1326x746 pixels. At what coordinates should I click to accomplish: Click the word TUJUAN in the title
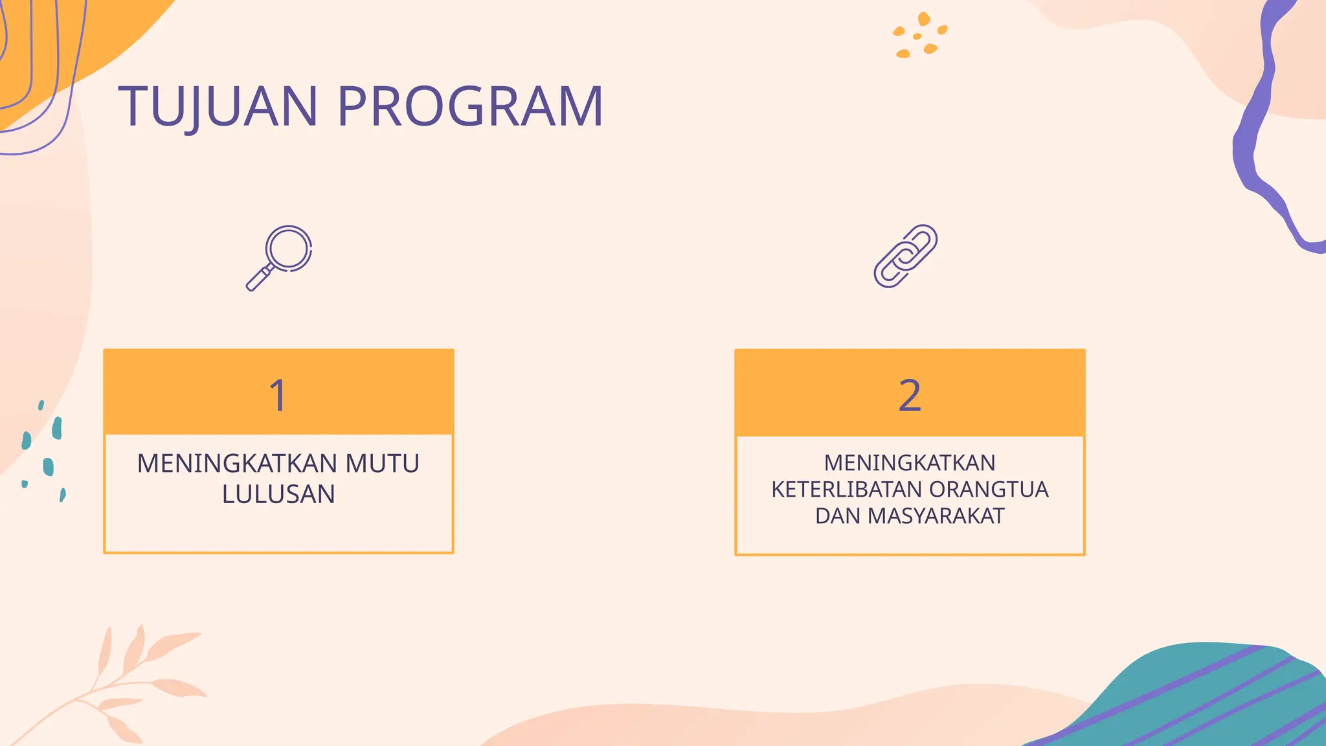[x=218, y=107]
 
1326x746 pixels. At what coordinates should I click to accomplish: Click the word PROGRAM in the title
[x=471, y=107]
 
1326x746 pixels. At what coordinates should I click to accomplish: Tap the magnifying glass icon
[x=280, y=257]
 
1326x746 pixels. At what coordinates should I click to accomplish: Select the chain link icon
[x=906, y=256]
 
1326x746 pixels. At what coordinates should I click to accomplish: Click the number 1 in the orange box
[x=278, y=395]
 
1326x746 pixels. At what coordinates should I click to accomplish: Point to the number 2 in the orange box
[x=910, y=395]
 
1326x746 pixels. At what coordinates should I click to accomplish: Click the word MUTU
[x=382, y=464]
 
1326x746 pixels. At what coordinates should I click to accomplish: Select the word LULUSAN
[x=278, y=494]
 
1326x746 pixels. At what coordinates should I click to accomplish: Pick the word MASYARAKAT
[x=936, y=516]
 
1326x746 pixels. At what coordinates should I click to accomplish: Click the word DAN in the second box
[x=838, y=516]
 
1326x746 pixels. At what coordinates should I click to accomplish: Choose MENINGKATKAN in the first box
[x=237, y=464]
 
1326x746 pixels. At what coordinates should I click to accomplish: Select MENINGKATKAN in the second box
[x=910, y=463]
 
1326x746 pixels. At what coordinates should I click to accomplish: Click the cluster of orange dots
[x=919, y=36]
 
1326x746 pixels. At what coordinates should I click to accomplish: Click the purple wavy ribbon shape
[x=1263, y=130]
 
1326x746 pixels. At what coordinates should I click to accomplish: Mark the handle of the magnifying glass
[x=259, y=278]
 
